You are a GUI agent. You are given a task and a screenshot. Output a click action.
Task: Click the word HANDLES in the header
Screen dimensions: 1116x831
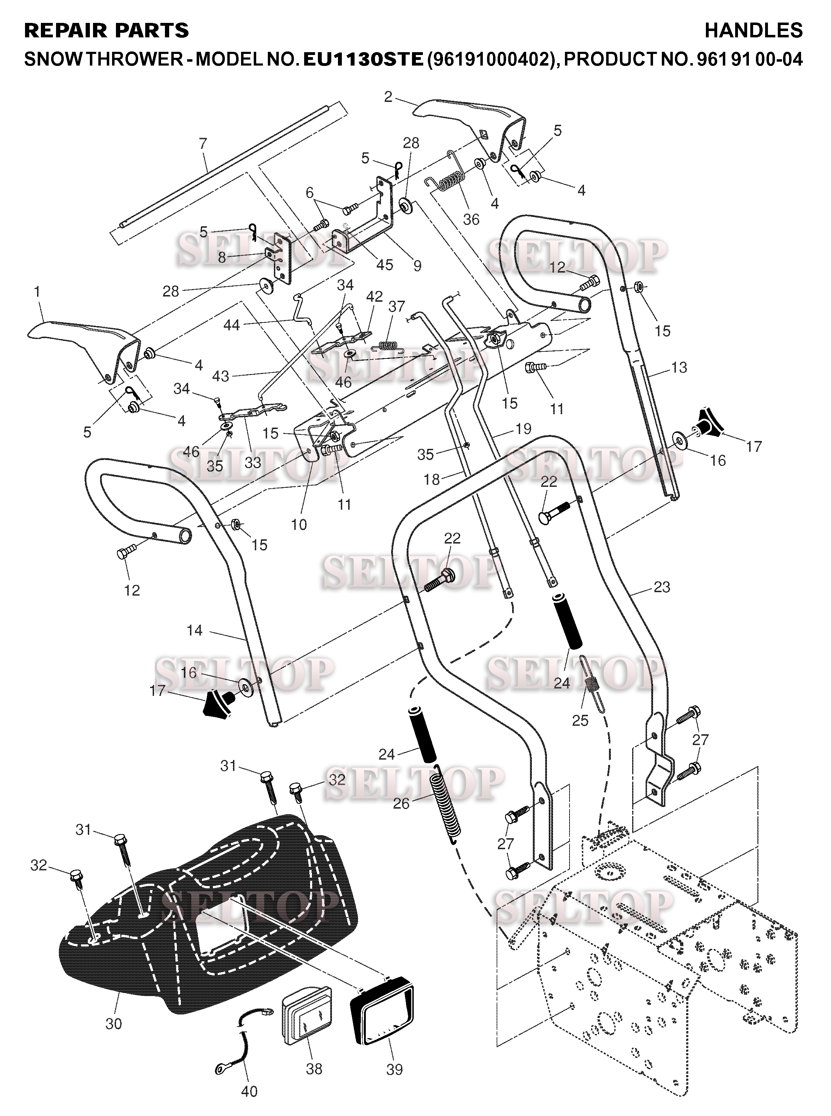coord(753,31)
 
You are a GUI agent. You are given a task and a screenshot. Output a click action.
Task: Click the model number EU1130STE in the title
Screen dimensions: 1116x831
coord(362,59)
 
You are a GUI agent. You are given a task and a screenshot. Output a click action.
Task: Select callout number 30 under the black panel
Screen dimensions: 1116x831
coord(114,1023)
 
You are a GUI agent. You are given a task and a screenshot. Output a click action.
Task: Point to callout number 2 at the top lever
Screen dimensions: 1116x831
coord(388,97)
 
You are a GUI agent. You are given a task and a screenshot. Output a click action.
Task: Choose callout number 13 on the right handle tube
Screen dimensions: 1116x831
coord(679,367)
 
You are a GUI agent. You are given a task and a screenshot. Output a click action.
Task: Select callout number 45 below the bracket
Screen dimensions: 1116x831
coord(384,265)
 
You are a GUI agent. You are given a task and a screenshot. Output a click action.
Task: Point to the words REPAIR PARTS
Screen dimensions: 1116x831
coord(107,31)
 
